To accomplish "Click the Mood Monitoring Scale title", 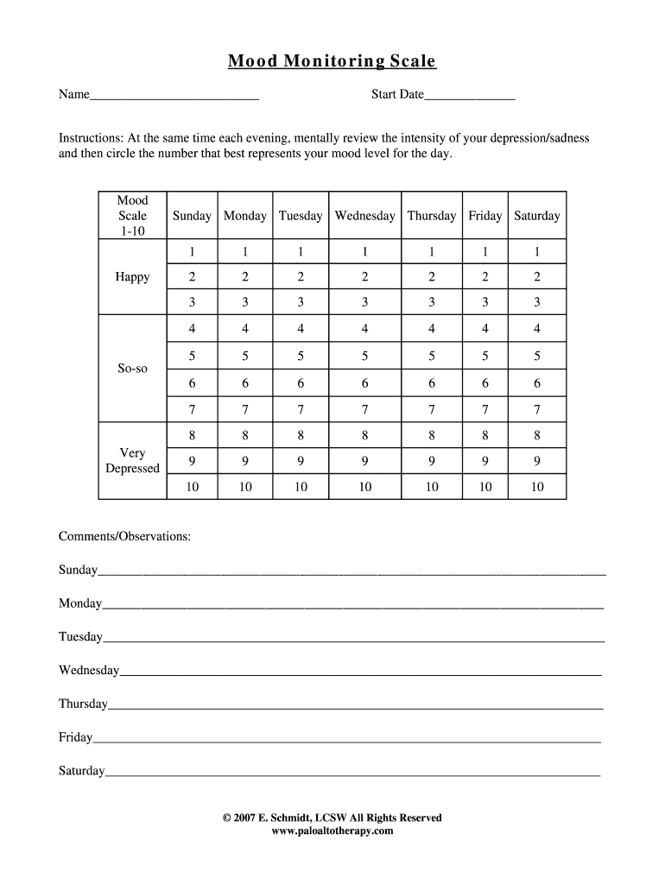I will coord(332,61).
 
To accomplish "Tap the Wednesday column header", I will coord(364,216).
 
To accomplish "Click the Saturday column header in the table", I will coord(536,216).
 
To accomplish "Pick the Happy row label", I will coord(132,277).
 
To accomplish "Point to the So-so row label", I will coord(132,369).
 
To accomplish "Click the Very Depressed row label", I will coord(132,461).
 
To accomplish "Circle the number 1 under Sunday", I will coord(192,252).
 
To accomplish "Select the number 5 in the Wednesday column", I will coord(364,355).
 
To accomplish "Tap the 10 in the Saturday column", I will coord(536,487).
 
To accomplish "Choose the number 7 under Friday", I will coord(484,409).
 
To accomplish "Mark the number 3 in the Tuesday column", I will coord(301,302).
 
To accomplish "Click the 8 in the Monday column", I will coord(245,435).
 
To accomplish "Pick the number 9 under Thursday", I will coord(431,461).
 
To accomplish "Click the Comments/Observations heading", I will coord(124,537).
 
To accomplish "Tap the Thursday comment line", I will coord(354,705).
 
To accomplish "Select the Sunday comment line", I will coord(351,571).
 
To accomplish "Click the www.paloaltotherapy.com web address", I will coord(332,830).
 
